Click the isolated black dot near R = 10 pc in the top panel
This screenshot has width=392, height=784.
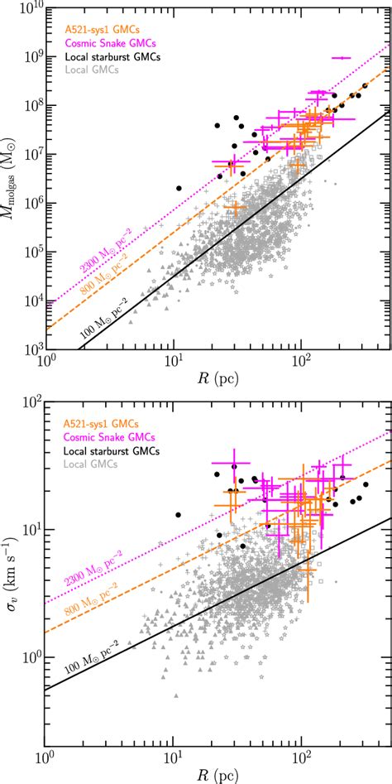point(178,188)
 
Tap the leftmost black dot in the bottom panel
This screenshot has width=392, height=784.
point(178,515)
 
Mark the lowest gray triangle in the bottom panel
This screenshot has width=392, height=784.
point(175,719)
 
